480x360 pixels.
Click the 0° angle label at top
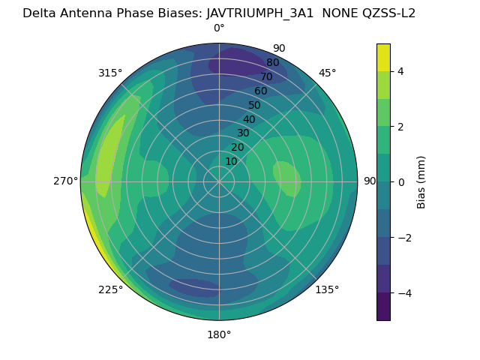[219, 28]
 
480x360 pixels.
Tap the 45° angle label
[327, 73]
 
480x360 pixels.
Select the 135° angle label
[327, 289]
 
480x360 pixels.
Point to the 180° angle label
[219, 334]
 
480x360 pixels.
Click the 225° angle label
[110, 289]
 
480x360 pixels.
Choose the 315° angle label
[110, 73]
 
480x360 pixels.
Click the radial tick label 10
[231, 161]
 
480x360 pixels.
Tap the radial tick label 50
[254, 105]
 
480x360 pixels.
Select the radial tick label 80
[272, 63]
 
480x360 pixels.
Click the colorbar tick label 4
[401, 71]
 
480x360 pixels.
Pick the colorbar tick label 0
[401, 182]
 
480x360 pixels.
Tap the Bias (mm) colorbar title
[421, 181]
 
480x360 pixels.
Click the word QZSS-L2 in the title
[387, 13]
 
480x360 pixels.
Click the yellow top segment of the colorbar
[383, 57]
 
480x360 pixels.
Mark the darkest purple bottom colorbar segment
[383, 307]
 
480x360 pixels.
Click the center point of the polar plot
[219, 181]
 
